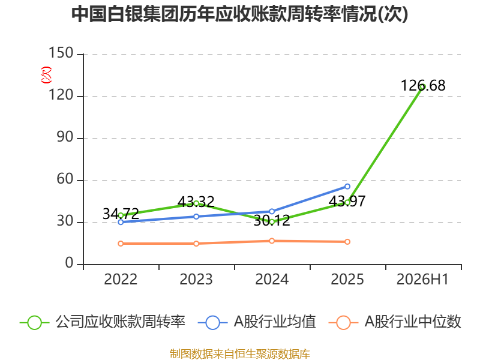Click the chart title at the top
[239, 14]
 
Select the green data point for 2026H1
[423, 86]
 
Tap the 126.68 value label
[423, 85]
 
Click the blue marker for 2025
[347, 187]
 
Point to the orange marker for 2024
[272, 241]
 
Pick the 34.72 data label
[121, 214]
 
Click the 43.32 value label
[196, 202]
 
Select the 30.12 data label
[272, 220]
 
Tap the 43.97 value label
[347, 201]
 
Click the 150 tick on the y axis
[61, 53]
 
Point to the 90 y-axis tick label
[65, 137]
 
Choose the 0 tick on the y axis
[70, 263]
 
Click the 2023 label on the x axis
[196, 280]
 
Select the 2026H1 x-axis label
[423, 280]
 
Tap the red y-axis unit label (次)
[46, 75]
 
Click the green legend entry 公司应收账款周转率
[103, 322]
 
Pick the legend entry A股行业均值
[257, 322]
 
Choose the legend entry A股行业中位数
[395, 322]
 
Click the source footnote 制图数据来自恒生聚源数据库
[240, 354]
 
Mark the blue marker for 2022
[121, 222]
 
